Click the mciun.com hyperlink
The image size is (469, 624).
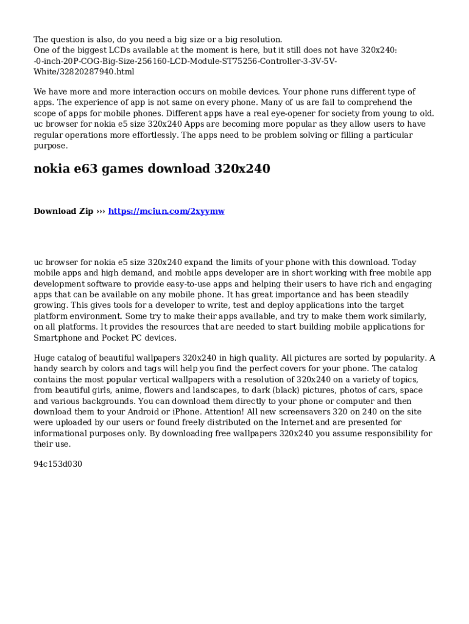[166, 211]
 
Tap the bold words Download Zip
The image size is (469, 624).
[63, 211]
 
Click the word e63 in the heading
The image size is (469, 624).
[83, 169]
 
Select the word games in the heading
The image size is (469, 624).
[125, 169]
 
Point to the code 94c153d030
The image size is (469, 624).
[58, 464]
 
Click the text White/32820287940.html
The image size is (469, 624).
[84, 72]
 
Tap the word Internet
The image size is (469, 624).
[296, 423]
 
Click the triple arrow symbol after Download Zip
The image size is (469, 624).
[100, 211]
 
